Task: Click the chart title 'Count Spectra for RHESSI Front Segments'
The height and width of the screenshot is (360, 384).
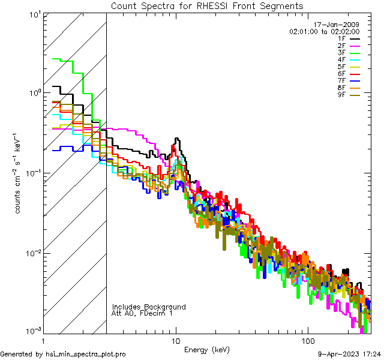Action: tap(207, 5)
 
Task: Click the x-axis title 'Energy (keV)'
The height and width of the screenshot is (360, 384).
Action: tap(206, 350)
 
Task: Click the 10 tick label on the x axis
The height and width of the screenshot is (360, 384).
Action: tap(176, 340)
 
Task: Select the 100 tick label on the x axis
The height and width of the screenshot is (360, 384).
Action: tap(307, 340)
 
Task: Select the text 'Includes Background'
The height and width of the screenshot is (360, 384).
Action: tap(149, 307)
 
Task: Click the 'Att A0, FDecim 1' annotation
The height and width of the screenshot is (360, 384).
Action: tap(142, 313)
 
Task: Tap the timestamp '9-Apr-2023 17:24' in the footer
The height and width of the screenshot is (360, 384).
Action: tap(348, 354)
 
